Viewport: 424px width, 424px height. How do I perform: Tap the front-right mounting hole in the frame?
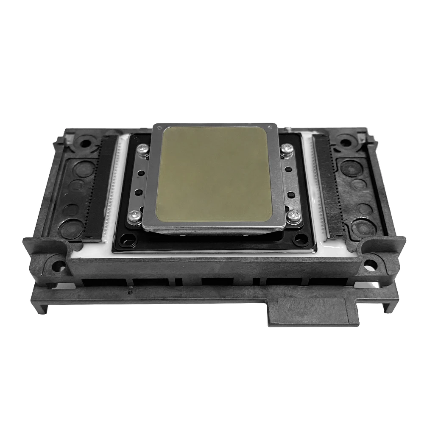pyautogui.click(x=370, y=265)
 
